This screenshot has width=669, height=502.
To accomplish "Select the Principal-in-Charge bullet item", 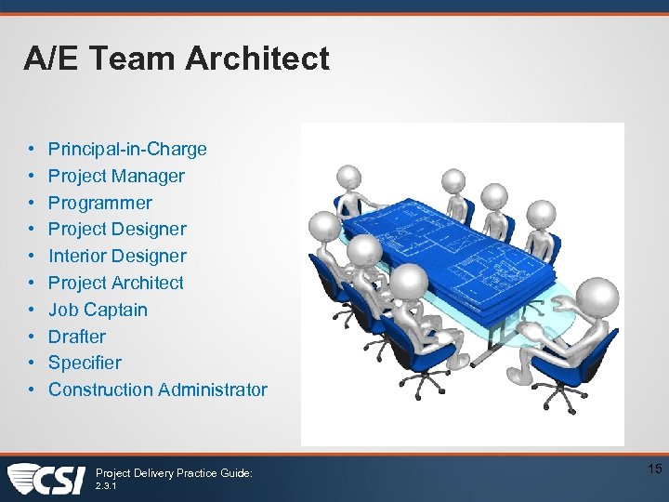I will [127, 149].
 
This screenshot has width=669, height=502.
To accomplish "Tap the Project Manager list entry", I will [116, 176].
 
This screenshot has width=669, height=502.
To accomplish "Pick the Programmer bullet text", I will [99, 203].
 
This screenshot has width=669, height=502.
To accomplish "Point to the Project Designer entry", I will [117, 229].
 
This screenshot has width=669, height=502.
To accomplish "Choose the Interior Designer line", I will [117, 256].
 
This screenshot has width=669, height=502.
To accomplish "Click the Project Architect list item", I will [116, 283].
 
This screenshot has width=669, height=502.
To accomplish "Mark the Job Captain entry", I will [98, 310].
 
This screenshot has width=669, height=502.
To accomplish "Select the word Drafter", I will [77, 337].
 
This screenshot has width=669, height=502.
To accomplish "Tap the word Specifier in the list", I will [85, 363].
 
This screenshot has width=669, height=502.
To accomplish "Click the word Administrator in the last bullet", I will [213, 390].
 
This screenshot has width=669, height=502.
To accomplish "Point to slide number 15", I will [654, 469].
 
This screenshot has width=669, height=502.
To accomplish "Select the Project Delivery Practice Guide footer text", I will [174, 473].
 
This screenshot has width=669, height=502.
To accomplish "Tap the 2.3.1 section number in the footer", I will [107, 485].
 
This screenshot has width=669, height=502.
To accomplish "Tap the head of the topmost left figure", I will [348, 177].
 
